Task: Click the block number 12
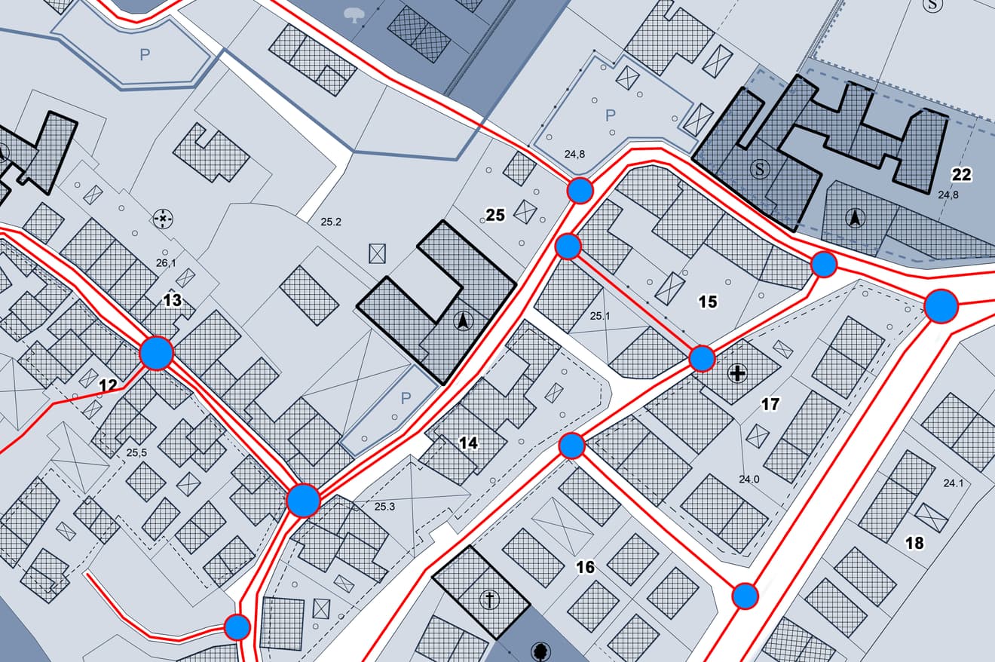coord(109,386)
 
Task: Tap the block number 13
coord(173,301)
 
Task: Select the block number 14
coord(469,443)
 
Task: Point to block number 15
coord(707,302)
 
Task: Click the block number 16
coord(585,567)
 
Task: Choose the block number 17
coord(770,405)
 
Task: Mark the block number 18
coord(914,543)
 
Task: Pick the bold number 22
coord(961,175)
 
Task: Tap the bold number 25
coord(494,216)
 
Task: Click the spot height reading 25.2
coord(331,222)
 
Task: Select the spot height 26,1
coord(165,263)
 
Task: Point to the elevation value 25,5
coord(136,453)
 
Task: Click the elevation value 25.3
coord(384,506)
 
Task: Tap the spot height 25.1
coord(599,316)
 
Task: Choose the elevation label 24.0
coord(749,479)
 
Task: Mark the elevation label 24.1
coord(954,483)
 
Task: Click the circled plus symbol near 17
coord(737,372)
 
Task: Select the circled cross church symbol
coord(490,601)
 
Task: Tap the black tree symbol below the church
coord(540,651)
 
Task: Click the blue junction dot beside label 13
coord(157,352)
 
